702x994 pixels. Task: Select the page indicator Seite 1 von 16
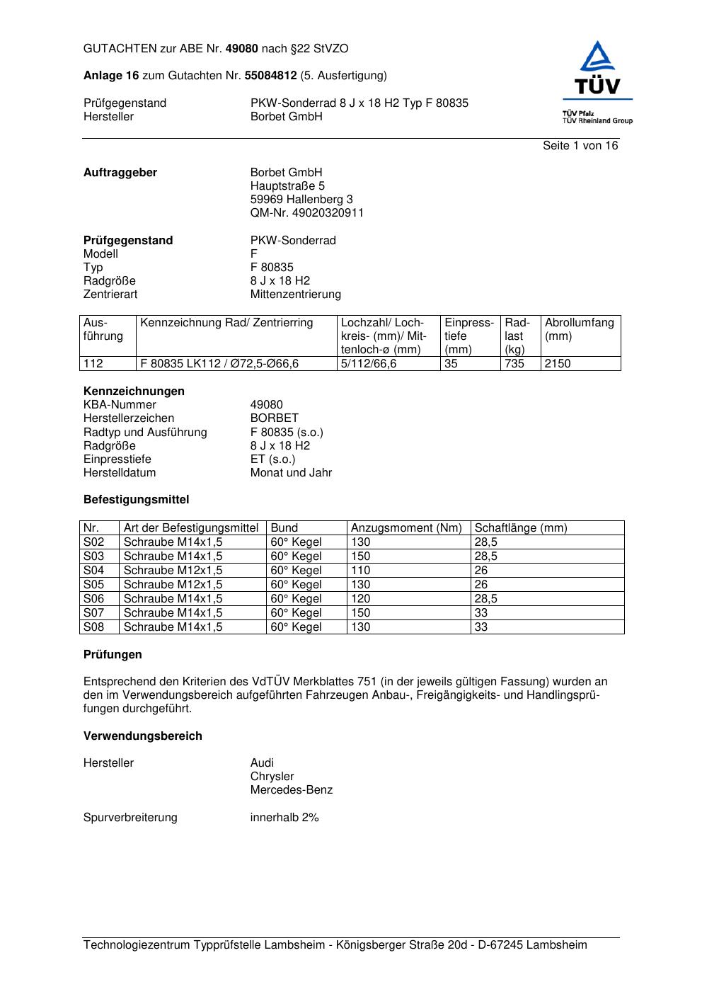point(580,146)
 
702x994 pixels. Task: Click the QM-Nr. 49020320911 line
point(306,213)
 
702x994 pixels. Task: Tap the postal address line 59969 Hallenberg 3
point(301,200)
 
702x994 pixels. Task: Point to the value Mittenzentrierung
point(295,295)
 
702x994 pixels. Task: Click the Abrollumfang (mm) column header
point(579,329)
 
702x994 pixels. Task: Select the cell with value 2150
point(558,364)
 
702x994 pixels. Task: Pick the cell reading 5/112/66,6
point(369,364)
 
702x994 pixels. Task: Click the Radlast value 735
point(514,364)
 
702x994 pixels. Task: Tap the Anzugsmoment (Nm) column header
point(406,528)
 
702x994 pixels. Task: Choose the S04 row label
point(94,571)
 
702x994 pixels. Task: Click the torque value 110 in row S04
point(361,571)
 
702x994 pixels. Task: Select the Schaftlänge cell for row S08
point(481,627)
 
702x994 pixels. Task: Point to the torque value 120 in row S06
point(361,599)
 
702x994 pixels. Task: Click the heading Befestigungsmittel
point(136,500)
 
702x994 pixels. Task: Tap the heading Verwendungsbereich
point(142,736)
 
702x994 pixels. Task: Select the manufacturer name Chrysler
point(272,777)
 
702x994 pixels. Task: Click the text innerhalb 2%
point(284,818)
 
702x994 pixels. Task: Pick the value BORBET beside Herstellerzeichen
point(274,418)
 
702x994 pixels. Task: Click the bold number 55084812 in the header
point(270,76)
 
